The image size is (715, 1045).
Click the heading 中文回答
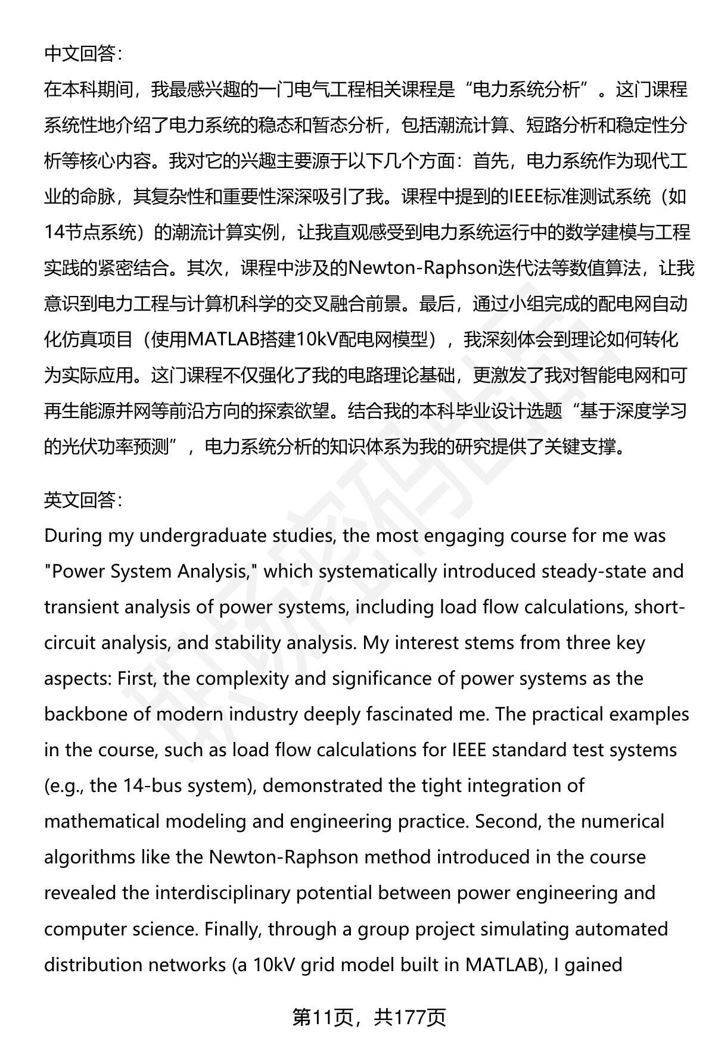(x=83, y=54)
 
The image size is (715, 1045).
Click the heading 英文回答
(x=83, y=500)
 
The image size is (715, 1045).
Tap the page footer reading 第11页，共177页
(x=369, y=1017)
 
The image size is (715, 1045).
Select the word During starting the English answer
(x=73, y=536)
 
